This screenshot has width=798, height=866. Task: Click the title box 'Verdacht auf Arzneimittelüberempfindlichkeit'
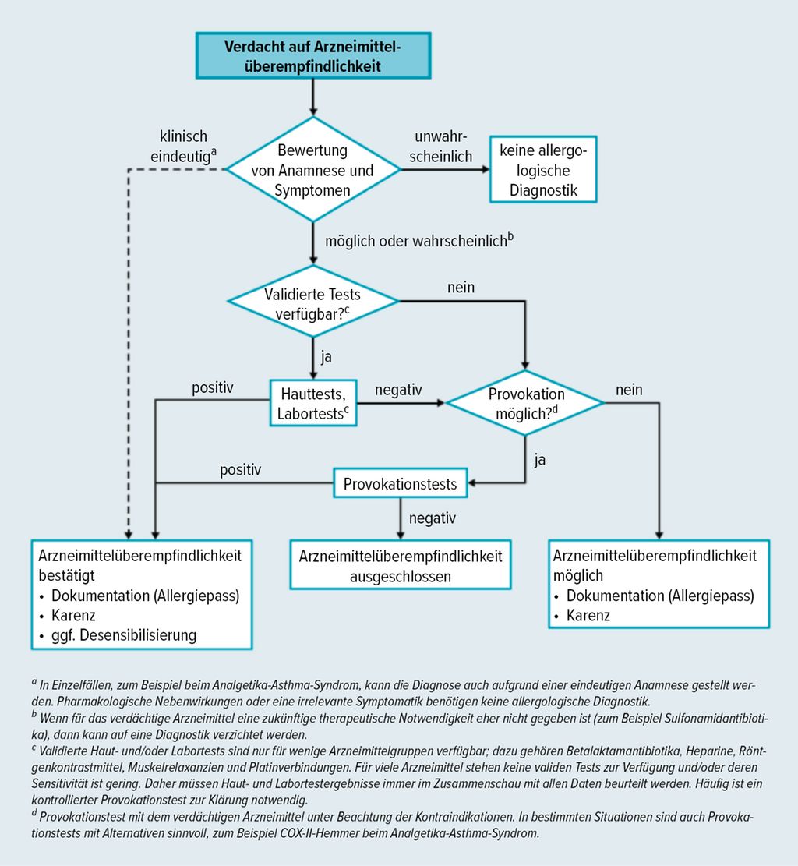coord(313,55)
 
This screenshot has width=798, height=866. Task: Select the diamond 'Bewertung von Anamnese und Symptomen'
coord(313,170)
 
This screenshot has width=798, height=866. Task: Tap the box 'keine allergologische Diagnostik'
coord(543,170)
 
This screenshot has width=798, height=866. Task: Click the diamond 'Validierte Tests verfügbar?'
coord(313,302)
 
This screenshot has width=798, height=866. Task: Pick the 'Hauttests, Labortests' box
coord(313,403)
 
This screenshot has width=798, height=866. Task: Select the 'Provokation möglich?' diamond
coord(525,403)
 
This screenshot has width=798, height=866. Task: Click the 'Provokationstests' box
coord(401,483)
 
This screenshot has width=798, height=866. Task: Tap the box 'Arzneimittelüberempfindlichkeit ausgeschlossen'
coord(401,565)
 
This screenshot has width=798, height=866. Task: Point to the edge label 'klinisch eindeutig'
coord(183,147)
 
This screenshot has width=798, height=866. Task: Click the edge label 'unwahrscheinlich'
coord(441,147)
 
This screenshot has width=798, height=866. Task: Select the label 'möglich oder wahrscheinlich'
coord(419,240)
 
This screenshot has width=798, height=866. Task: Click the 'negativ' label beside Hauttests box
coord(398,390)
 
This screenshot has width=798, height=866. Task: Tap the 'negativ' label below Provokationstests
coord(433,518)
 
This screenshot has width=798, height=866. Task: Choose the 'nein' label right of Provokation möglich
coord(629,390)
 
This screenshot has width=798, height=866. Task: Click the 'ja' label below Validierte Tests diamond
coord(327,357)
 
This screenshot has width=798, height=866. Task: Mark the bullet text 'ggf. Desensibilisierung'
coord(124,635)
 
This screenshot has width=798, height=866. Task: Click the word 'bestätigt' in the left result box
coord(66,575)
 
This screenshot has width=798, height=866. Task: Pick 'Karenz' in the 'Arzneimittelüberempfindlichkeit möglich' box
coord(588,615)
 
